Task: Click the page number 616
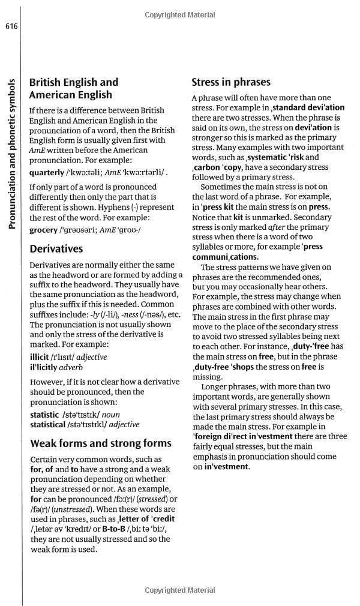point(10,26)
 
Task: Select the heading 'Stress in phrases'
point(231,82)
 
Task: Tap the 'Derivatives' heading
point(56,248)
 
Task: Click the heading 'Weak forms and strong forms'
point(100,443)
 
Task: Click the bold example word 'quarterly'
point(50,173)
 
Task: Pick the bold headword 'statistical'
point(54,424)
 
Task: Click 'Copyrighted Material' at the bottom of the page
point(180,590)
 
